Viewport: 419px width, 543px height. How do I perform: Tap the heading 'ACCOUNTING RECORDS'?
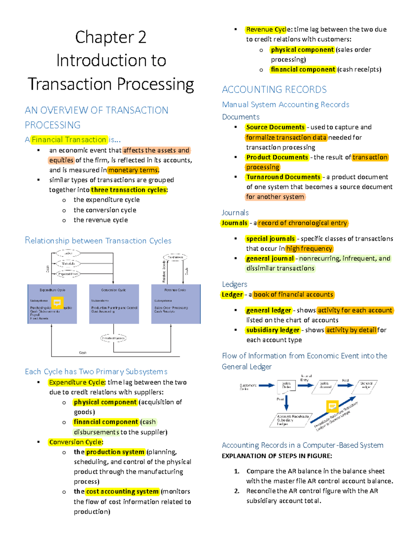274,90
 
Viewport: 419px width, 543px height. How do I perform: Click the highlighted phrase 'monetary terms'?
133,170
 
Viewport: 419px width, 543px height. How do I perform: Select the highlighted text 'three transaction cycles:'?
129,190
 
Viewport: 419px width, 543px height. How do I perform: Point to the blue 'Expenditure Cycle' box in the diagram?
52,304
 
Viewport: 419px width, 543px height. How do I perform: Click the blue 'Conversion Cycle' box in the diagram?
114,304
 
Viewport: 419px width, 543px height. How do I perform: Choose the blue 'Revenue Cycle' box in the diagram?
176,304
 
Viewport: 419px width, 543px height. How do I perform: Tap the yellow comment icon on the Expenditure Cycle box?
57,302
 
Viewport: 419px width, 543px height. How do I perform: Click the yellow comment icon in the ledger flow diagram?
332,406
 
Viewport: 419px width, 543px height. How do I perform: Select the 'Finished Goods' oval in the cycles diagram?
113,338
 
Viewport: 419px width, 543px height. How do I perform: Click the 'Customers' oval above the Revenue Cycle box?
175,257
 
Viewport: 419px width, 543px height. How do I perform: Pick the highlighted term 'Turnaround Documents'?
283,177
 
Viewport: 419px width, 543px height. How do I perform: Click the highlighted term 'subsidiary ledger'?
273,330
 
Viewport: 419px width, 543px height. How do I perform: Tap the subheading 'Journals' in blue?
235,213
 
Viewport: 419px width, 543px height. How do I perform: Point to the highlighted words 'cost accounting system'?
122,492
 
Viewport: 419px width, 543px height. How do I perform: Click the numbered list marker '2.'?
237,491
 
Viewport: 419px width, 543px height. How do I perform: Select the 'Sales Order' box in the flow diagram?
286,385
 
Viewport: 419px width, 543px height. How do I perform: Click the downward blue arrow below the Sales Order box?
286,402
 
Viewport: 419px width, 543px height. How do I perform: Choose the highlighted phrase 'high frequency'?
309,249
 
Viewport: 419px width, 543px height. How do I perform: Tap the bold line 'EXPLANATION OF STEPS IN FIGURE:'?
277,456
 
